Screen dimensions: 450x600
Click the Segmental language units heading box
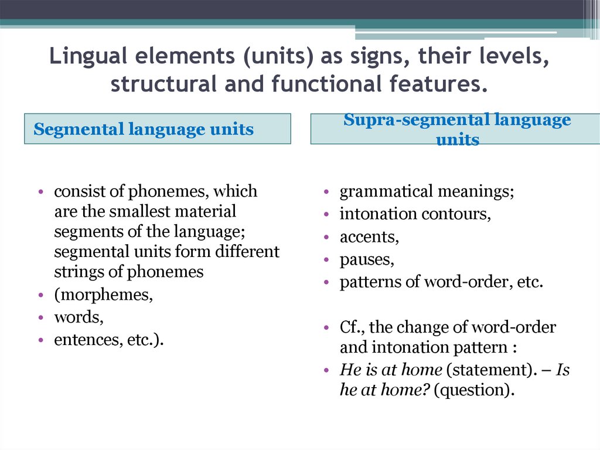(x=157, y=129)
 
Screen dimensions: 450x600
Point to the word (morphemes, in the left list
(x=103, y=295)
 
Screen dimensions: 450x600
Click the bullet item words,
(x=79, y=317)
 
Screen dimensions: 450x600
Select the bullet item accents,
(x=369, y=237)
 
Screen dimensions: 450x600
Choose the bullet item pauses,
(x=367, y=259)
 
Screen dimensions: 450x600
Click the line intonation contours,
(x=415, y=214)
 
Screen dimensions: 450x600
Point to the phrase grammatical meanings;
(x=427, y=192)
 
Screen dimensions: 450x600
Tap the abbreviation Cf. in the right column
(x=352, y=327)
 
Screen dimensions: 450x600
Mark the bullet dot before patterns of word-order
(x=327, y=282)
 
